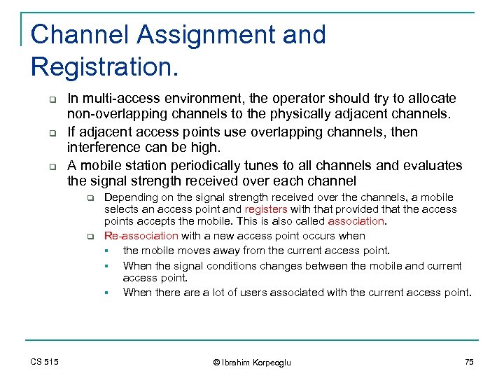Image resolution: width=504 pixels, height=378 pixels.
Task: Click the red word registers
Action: click(x=265, y=209)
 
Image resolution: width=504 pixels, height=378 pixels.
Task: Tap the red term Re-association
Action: click(x=141, y=236)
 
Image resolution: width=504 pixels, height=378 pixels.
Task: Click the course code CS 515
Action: click(x=45, y=361)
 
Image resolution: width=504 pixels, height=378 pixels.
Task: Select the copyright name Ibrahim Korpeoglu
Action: click(x=256, y=362)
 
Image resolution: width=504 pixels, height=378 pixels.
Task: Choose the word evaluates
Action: click(x=430, y=165)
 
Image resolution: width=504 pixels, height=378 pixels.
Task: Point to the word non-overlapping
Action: click(x=109, y=114)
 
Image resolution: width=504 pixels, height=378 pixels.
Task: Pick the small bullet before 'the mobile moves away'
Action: click(x=107, y=251)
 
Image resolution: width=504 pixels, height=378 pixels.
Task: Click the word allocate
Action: click(x=433, y=98)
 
